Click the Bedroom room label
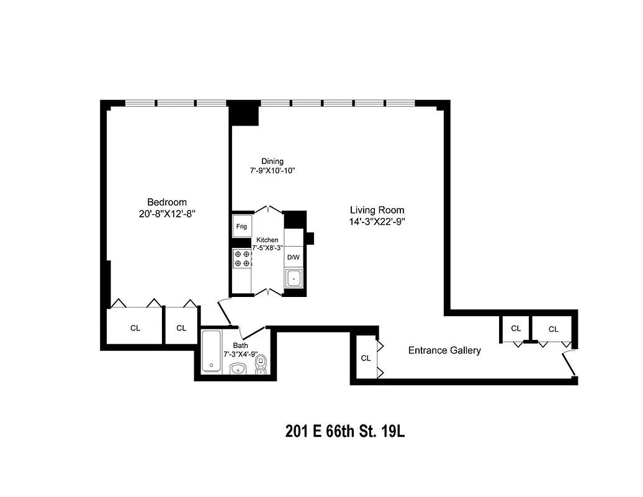click(x=166, y=202)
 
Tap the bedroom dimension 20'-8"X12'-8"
click(x=166, y=214)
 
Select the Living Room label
click(x=377, y=210)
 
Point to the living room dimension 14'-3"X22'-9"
click(x=377, y=221)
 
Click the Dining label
click(x=272, y=162)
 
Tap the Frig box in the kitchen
click(x=241, y=227)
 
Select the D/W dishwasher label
click(x=293, y=257)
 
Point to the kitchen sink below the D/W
click(x=293, y=279)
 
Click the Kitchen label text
click(x=268, y=240)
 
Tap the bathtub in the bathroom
click(x=211, y=352)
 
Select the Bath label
click(x=240, y=345)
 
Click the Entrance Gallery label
click(x=444, y=350)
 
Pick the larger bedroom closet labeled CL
click(x=135, y=328)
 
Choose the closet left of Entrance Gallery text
click(x=366, y=358)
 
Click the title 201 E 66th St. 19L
click(x=345, y=431)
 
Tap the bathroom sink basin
click(x=238, y=370)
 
